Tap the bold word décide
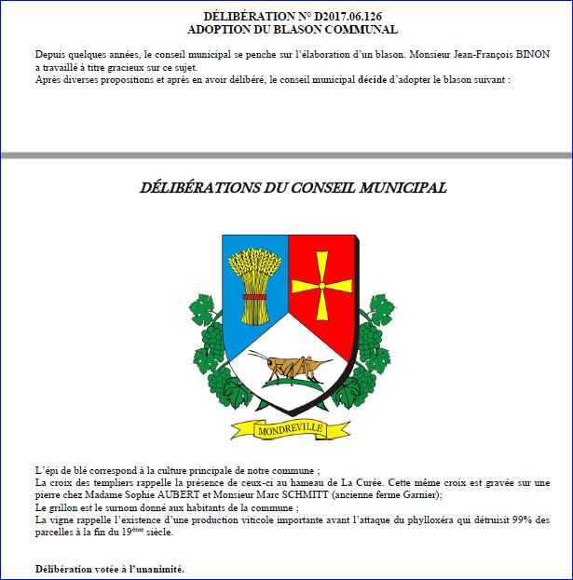pyautogui.click(x=373, y=80)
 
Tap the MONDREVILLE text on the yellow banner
pyautogui.click(x=286, y=430)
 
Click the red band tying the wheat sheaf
pyautogui.click(x=253, y=297)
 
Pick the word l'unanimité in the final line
pyautogui.click(x=156, y=567)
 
